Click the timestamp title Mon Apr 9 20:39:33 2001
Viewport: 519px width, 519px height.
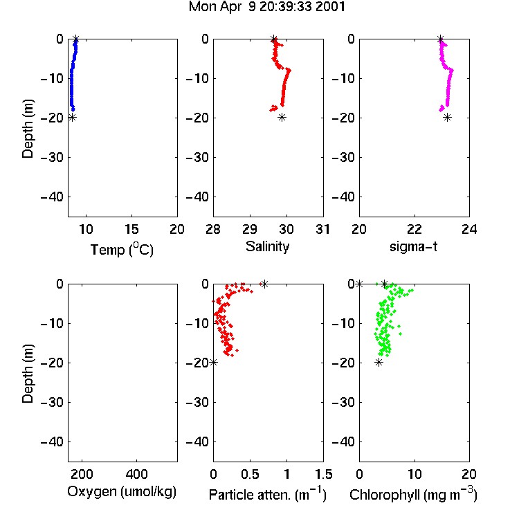pos(267,7)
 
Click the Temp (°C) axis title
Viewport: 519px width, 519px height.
pos(122,249)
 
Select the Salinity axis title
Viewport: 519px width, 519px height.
pos(267,247)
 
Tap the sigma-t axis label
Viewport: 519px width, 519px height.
pos(413,246)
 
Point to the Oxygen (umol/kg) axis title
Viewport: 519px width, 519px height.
pos(122,492)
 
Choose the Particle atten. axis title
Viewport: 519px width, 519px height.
pos(268,494)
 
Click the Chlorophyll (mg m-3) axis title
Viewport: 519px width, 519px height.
pos(413,494)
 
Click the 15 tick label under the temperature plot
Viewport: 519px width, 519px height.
pos(131,229)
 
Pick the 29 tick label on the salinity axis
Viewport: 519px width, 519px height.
pos(250,229)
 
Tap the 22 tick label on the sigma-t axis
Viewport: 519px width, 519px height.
pos(414,229)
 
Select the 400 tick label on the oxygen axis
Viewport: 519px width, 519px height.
pos(136,474)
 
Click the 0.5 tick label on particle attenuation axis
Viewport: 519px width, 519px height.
pos(250,474)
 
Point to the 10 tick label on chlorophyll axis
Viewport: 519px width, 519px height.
pos(414,474)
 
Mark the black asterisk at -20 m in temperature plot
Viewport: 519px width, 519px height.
pos(72,118)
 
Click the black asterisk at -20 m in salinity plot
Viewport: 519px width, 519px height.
pos(282,118)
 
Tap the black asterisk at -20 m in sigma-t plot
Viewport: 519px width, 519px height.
pos(447,118)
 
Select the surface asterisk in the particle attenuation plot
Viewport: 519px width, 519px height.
pos(264,284)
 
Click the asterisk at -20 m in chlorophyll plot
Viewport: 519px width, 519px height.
pos(379,363)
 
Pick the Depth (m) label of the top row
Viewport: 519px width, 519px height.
pos(28,129)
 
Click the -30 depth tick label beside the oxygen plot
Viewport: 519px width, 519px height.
pos(52,402)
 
